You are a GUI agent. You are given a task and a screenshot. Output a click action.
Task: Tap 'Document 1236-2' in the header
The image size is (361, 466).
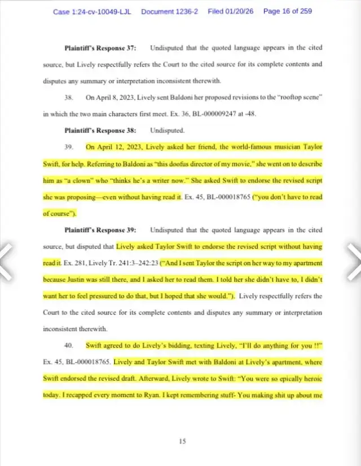tap(170, 11)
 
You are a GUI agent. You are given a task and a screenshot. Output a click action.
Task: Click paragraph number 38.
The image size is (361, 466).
tap(69, 97)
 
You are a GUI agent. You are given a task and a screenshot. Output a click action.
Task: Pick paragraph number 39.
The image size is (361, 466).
tap(69, 147)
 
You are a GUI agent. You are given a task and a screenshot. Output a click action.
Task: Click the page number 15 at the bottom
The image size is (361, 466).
tap(182, 442)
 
